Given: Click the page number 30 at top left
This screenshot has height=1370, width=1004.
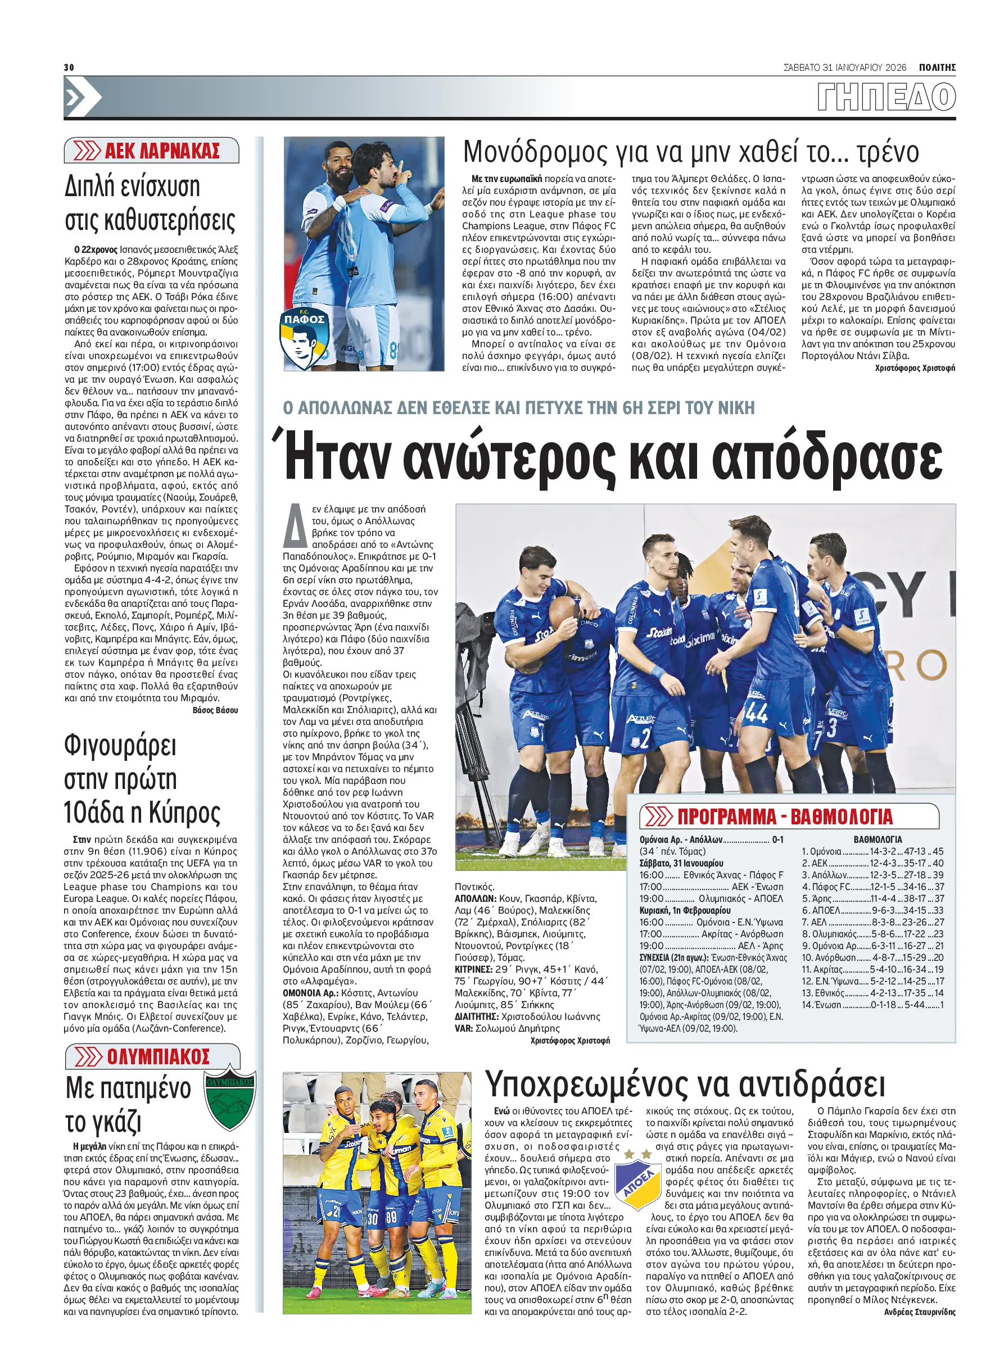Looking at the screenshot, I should tap(69, 67).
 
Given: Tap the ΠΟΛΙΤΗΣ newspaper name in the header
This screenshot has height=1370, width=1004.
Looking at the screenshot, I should tap(937, 67).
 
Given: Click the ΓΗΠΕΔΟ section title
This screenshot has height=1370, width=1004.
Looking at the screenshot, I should tap(885, 97).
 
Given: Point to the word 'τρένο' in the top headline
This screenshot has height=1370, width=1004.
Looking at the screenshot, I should tap(888, 152).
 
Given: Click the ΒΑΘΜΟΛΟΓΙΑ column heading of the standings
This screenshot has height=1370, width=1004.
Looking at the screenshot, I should tap(878, 840).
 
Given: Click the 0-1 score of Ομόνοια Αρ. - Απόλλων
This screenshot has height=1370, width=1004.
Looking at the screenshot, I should tap(777, 840).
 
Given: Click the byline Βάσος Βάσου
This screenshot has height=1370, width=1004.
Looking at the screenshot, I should tap(215, 710).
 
